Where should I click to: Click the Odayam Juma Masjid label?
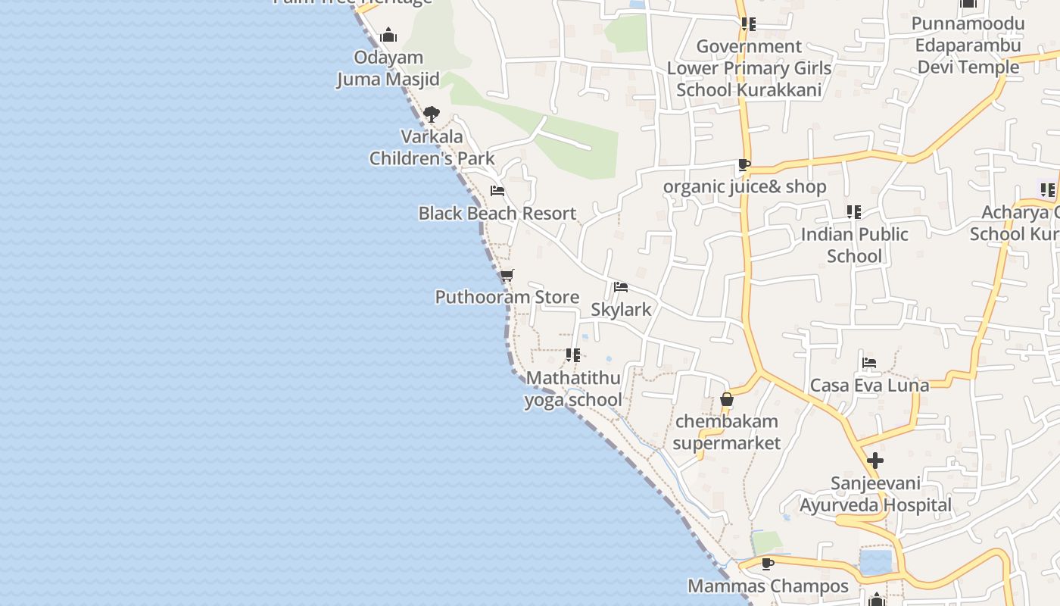click(388, 68)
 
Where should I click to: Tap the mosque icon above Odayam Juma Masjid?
click(388, 35)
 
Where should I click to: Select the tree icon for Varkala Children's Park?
click(432, 114)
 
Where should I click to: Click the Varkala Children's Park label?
click(432, 148)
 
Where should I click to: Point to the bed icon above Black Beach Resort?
click(497, 191)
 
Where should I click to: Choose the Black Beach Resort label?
click(497, 214)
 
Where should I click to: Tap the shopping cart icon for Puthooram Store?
click(507, 275)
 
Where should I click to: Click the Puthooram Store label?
click(507, 297)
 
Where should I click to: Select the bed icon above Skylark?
click(621, 286)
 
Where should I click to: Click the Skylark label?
click(621, 309)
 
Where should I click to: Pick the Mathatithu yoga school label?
click(573, 389)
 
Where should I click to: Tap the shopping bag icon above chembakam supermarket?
click(727, 398)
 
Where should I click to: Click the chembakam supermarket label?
click(726, 432)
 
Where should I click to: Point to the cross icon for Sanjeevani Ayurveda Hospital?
click(875, 461)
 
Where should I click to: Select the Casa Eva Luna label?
click(869, 385)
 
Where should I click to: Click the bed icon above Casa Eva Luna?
click(869, 363)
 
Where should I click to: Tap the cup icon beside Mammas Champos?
click(768, 564)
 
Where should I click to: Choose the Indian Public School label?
click(854, 245)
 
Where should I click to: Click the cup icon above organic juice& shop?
click(744, 164)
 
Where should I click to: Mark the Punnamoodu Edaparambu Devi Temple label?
click(968, 45)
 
